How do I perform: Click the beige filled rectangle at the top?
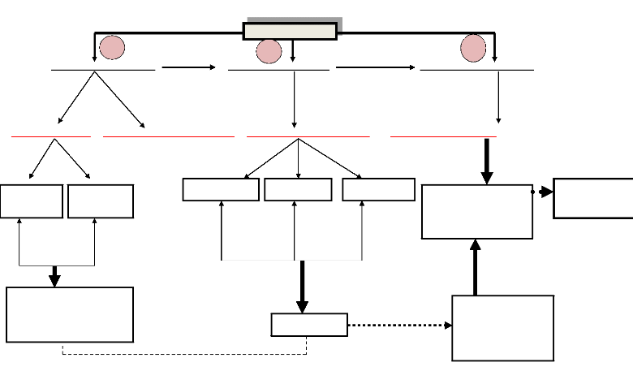[290, 31]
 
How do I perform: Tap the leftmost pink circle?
[111, 49]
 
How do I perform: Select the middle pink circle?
[269, 52]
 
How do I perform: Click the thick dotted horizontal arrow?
[399, 325]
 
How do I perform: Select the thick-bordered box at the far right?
[593, 198]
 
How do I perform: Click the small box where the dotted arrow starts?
[309, 325]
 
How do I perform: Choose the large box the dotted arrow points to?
[503, 328]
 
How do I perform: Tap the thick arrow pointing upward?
[476, 267]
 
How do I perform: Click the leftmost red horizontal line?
[50, 137]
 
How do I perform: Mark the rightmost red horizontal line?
[443, 136]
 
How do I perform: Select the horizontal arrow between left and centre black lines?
[188, 68]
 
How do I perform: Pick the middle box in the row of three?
[298, 189]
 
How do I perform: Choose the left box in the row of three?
[221, 189]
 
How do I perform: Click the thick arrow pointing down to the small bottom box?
[302, 287]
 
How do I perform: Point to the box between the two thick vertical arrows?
[477, 211]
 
